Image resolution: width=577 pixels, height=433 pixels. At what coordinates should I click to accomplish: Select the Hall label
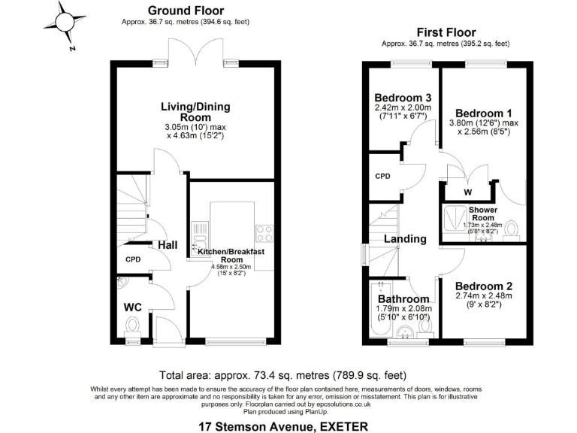(x=167, y=245)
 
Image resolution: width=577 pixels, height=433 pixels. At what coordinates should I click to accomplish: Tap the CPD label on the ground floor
(x=133, y=259)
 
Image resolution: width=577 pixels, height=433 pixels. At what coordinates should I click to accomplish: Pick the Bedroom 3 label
(x=402, y=98)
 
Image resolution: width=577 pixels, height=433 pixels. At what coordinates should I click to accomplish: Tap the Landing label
(x=405, y=239)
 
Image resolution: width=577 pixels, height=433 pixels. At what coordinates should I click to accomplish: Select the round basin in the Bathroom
(x=407, y=333)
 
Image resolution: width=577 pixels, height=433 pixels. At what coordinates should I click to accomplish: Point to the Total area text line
(x=283, y=374)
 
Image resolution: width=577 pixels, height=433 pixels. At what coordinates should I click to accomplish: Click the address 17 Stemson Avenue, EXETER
(x=283, y=426)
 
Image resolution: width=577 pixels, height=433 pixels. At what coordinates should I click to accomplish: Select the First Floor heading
(x=446, y=32)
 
